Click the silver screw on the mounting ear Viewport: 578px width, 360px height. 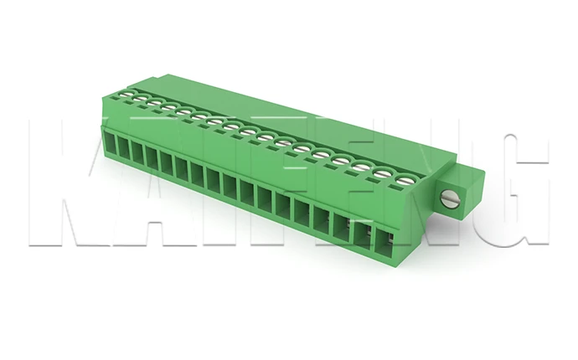(450, 199)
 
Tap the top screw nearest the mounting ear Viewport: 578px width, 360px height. (405, 178)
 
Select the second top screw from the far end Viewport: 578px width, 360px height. (140, 100)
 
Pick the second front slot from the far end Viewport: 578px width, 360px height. (124, 152)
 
